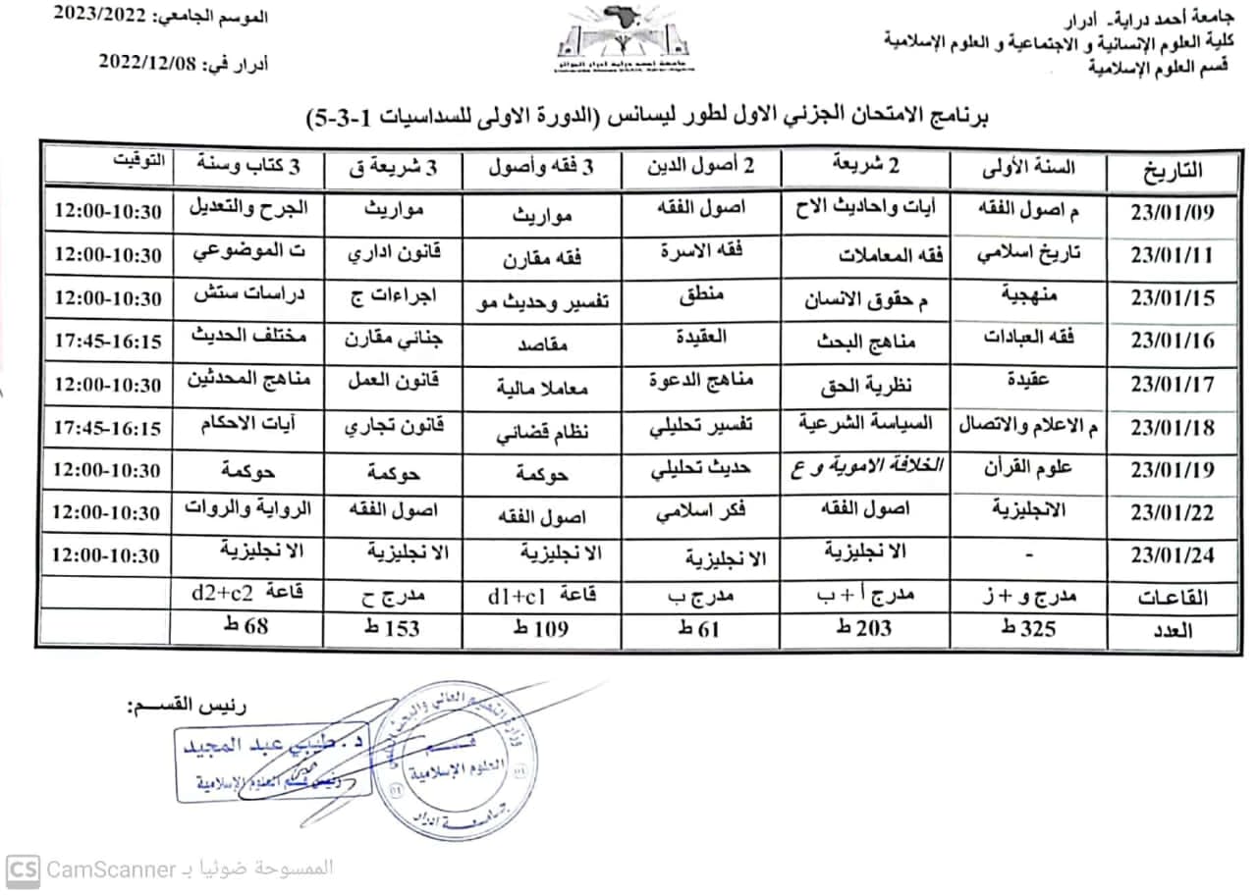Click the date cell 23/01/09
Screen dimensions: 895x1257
coord(1173,212)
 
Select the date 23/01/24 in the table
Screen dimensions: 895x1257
coord(1173,555)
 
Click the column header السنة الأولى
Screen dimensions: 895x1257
coord(1027,168)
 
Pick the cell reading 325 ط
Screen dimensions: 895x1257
coord(1028,630)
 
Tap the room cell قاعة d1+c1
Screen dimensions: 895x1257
coord(544,595)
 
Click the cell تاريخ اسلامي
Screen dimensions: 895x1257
coord(1028,254)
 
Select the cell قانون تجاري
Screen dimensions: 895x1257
coord(398,427)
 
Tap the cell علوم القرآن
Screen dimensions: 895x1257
coord(1028,468)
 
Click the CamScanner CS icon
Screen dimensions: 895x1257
coord(24,869)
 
